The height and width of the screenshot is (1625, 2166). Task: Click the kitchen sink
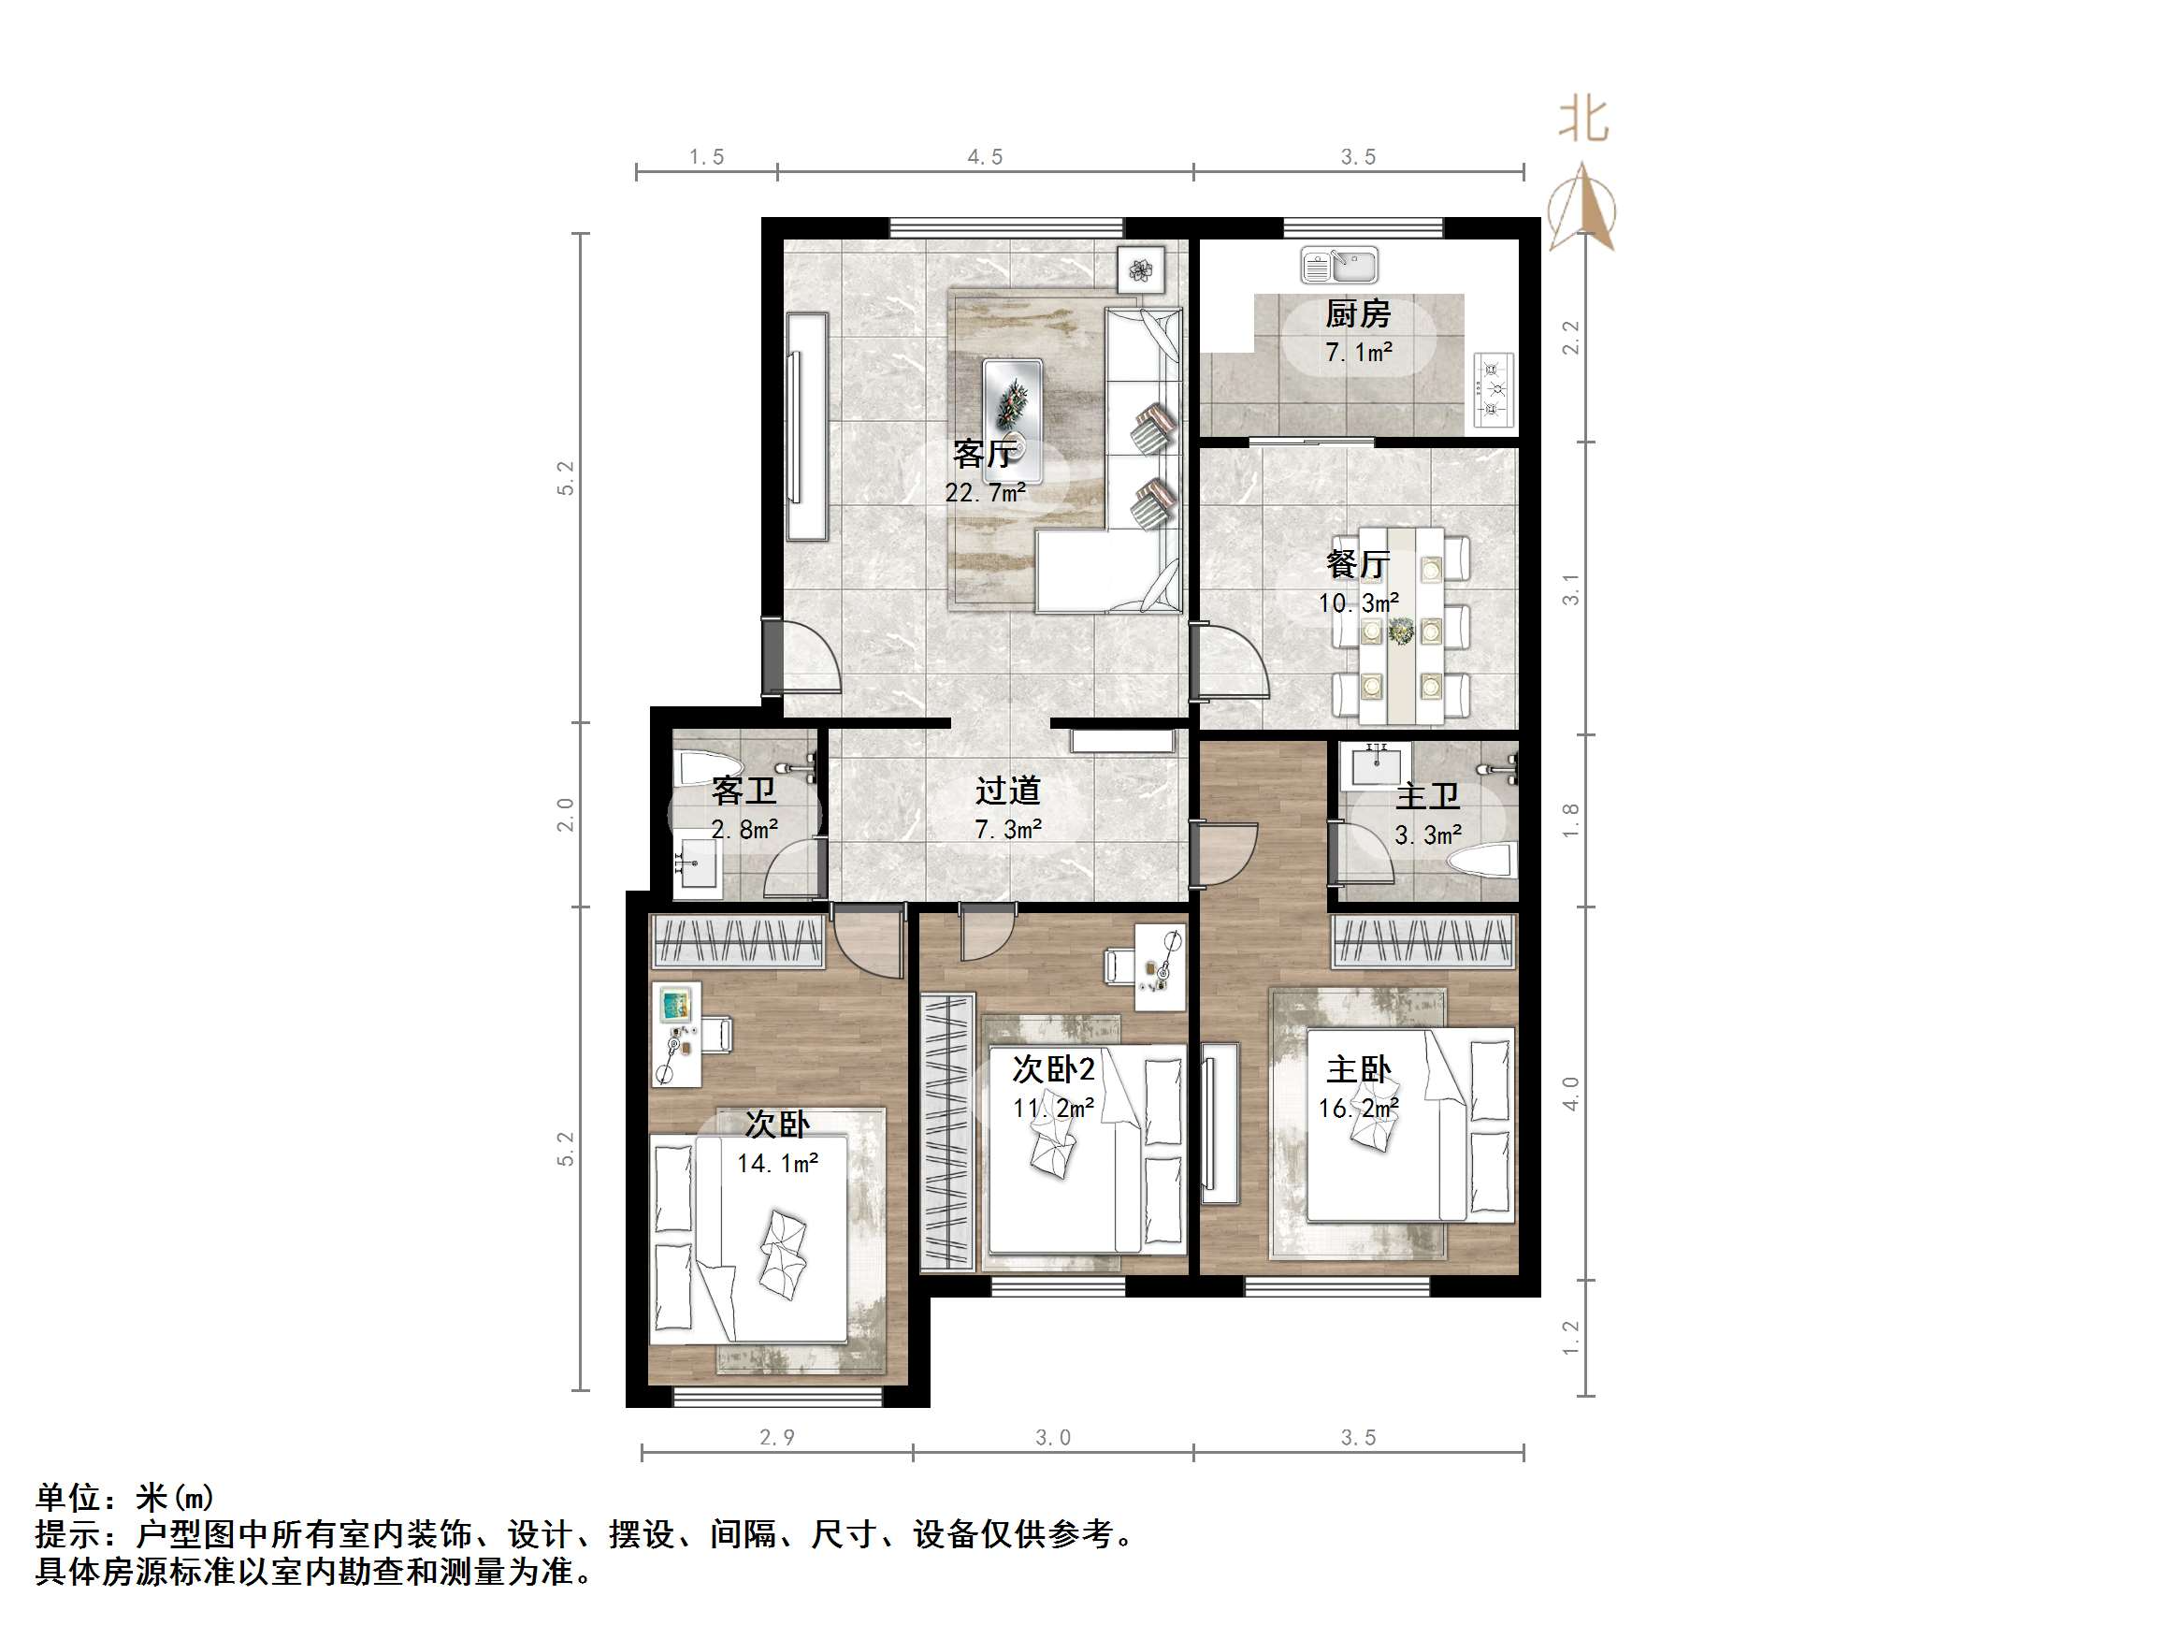click(x=1338, y=265)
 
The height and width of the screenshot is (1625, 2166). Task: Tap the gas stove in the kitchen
click(x=1494, y=391)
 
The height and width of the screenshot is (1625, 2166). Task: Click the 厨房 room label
click(x=1357, y=314)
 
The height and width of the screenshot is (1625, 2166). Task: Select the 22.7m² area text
click(x=985, y=492)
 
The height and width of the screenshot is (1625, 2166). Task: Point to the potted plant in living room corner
click(x=1141, y=269)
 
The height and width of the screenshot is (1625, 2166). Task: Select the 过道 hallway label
click(x=1007, y=791)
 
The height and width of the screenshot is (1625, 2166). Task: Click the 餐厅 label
click(x=1357, y=564)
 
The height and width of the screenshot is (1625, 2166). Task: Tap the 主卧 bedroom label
click(x=1358, y=1069)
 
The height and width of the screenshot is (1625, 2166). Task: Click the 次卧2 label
click(x=1053, y=1069)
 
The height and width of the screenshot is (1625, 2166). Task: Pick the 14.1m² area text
click(x=777, y=1163)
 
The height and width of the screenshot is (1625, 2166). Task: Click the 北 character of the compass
click(x=1583, y=121)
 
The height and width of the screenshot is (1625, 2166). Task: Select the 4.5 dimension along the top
click(x=985, y=157)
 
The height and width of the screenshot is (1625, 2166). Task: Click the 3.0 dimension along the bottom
click(x=1053, y=1437)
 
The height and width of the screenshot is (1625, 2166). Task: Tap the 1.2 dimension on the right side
click(x=1570, y=1338)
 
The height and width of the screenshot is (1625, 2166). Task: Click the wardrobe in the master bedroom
click(x=1424, y=940)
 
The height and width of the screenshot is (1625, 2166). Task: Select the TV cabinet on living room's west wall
click(x=807, y=426)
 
